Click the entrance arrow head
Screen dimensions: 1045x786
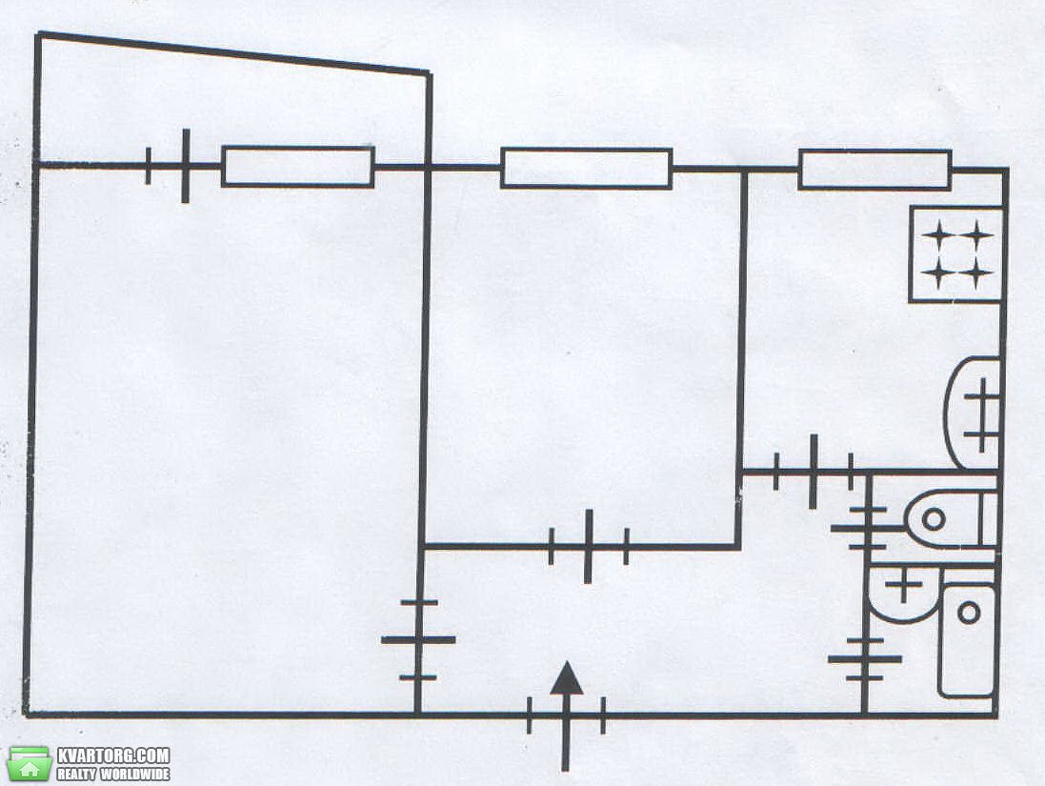click(x=567, y=678)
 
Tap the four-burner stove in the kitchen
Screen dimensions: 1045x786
click(x=956, y=254)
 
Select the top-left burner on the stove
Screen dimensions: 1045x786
click(x=938, y=235)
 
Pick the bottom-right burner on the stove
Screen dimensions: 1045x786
click(x=976, y=272)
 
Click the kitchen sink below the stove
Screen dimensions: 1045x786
click(x=973, y=413)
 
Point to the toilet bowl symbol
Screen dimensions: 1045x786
click(x=951, y=519)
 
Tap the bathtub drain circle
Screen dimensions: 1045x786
click(x=969, y=612)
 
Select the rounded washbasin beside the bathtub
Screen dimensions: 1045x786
click(x=904, y=594)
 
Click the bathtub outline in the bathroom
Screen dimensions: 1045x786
click(x=967, y=639)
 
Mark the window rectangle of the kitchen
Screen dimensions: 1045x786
click(x=874, y=170)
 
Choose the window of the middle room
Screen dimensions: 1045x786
click(x=587, y=169)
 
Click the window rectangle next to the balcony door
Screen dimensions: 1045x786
click(x=298, y=166)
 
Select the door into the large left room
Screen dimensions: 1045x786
click(x=418, y=640)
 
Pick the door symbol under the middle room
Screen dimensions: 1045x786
click(x=589, y=547)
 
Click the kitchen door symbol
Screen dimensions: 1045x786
click(x=814, y=472)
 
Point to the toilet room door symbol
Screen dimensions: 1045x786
click(x=867, y=528)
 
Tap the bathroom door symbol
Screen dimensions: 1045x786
click(x=864, y=659)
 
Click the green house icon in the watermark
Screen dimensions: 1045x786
click(x=30, y=764)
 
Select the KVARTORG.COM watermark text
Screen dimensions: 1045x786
click(x=113, y=756)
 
